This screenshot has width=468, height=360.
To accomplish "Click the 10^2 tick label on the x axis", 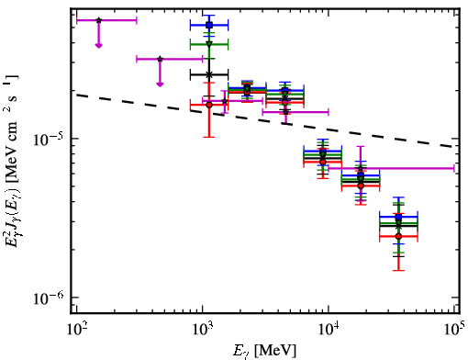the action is tap(76, 330).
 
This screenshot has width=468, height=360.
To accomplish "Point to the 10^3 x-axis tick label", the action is tap(202, 330).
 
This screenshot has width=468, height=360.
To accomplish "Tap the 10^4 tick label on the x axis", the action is tap(329, 330).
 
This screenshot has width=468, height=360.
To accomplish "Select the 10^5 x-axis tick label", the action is tap(455, 330).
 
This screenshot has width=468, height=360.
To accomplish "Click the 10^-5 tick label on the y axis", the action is tap(50, 140).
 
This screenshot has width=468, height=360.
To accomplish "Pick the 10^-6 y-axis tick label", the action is tap(50, 298).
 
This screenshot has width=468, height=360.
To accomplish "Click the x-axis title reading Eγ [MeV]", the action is tap(264, 351).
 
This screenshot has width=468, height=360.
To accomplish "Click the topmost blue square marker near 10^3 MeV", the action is tap(209, 25).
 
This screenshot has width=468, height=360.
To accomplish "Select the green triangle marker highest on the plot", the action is tap(209, 44).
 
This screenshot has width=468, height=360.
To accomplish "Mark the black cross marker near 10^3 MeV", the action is tap(209, 74).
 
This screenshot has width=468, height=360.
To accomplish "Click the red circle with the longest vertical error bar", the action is tap(209, 105).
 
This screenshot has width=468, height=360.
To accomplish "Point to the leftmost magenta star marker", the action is tap(98, 20).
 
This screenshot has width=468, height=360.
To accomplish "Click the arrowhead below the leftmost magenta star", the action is tap(98, 46).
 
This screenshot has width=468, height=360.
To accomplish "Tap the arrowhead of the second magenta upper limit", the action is tap(160, 84).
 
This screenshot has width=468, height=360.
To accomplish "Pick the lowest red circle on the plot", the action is tap(398, 236).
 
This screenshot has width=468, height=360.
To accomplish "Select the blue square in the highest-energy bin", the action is tap(398, 217).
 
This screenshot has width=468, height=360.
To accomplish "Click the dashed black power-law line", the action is tap(265, 120).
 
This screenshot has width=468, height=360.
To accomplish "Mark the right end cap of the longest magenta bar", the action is tap(454, 168).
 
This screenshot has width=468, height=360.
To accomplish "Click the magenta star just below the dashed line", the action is tap(285, 112).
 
